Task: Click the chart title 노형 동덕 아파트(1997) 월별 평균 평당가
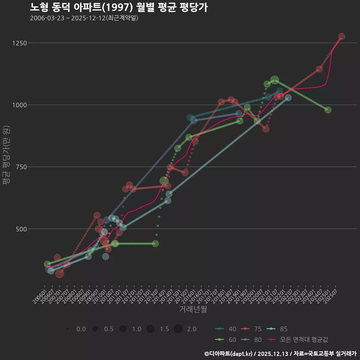click(x=118, y=7)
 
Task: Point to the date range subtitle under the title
click(x=84, y=18)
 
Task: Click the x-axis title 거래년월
click(x=193, y=309)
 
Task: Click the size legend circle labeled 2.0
click(x=178, y=329)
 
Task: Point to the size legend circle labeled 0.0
click(x=67, y=329)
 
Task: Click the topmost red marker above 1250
click(x=342, y=36)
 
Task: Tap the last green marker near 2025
click(x=328, y=110)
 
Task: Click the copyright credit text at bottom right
click(x=280, y=354)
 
